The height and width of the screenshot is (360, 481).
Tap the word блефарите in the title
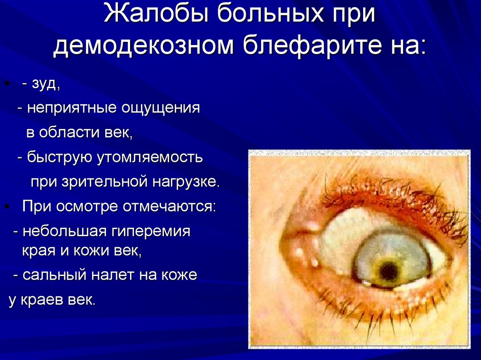click(310, 47)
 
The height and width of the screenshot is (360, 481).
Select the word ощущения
click(161, 108)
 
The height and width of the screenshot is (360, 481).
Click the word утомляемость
click(150, 157)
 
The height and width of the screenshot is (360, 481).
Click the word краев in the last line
click(45, 300)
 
